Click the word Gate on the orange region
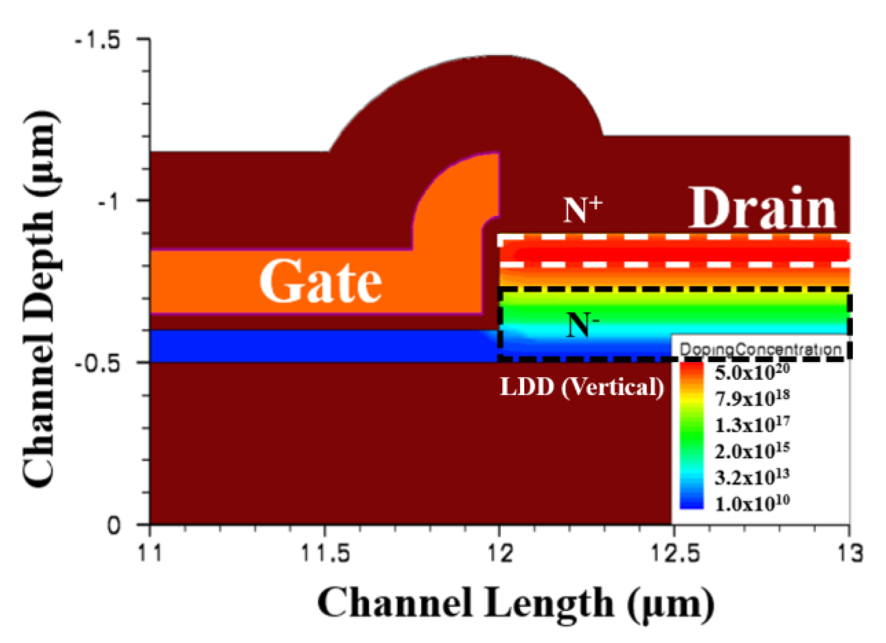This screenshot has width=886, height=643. point(320,281)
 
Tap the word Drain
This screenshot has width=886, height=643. point(762,209)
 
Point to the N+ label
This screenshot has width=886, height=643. point(582,210)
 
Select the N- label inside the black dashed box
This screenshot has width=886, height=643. point(582,324)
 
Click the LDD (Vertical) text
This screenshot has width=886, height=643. point(582,387)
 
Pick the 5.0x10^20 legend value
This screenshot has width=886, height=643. point(752,372)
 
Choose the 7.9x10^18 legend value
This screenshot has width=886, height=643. point(752,398)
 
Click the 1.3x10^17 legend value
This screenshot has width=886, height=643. point(752,424)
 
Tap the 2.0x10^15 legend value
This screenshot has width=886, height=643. point(752,451)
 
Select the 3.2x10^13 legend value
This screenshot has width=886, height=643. point(752,477)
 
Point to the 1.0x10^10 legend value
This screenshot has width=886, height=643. point(752,503)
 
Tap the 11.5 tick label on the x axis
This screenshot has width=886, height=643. point(326,553)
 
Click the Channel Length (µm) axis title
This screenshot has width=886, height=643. point(515,603)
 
